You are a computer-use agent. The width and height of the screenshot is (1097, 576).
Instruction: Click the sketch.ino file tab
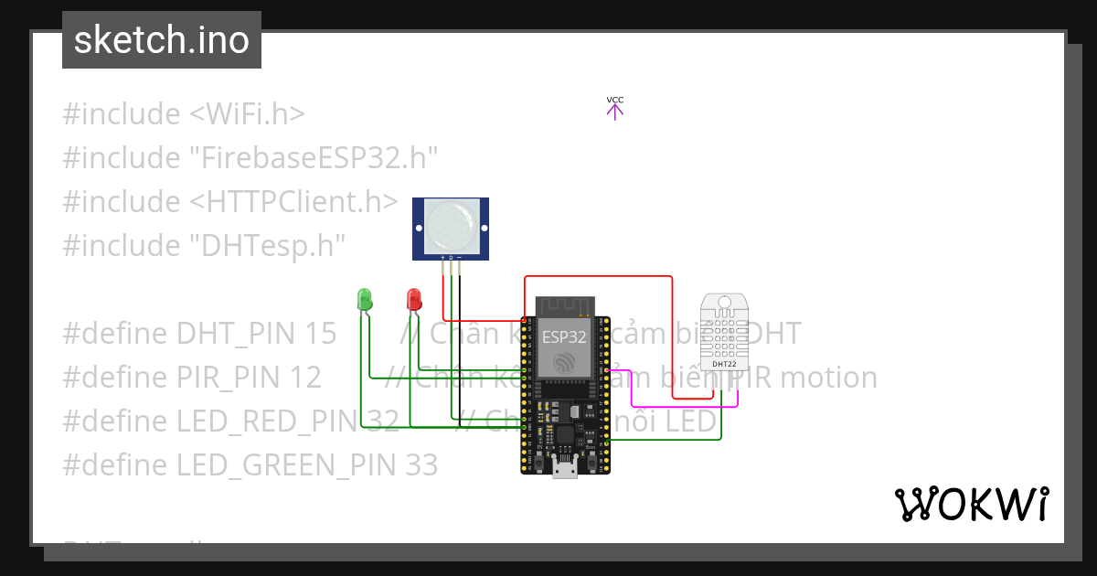(162, 40)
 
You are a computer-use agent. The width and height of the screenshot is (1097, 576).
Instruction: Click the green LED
(365, 298)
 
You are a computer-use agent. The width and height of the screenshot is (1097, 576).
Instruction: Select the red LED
(413, 298)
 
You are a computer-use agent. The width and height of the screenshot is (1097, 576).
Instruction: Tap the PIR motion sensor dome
(450, 224)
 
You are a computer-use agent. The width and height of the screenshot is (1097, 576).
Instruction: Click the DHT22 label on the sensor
(724, 364)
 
